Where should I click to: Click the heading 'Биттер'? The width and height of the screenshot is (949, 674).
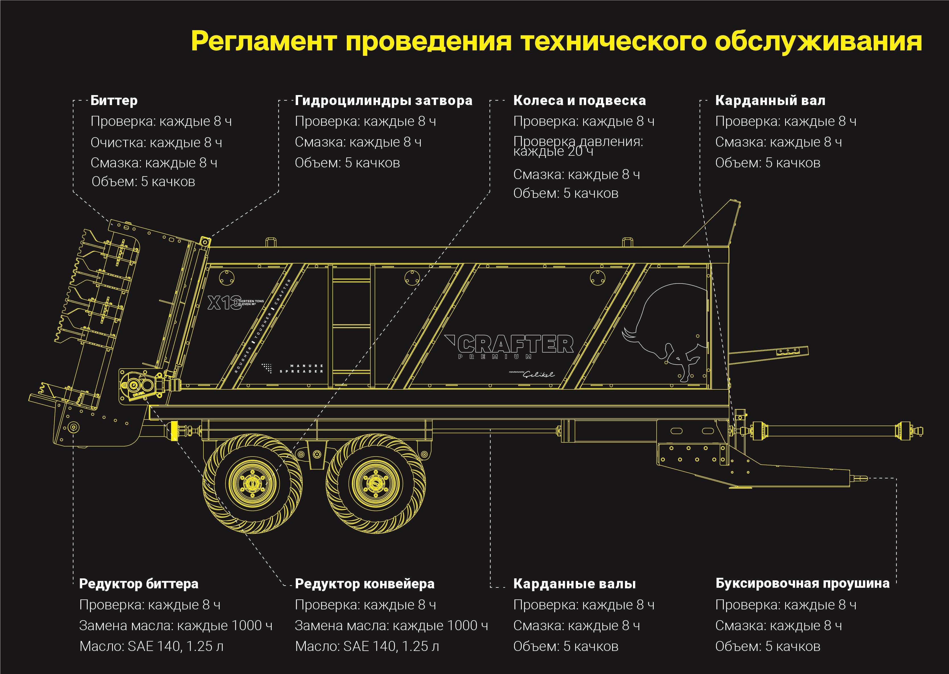(x=114, y=100)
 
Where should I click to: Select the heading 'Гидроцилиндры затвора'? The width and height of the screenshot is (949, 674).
(x=383, y=100)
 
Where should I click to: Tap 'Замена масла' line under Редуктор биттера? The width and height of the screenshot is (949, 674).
(x=176, y=625)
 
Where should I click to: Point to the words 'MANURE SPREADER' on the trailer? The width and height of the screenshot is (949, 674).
(x=302, y=369)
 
